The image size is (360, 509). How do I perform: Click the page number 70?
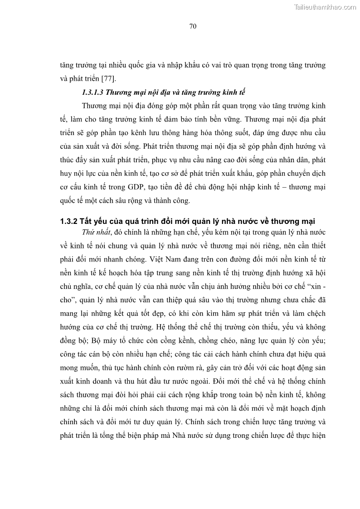pyautogui.click(x=192, y=26)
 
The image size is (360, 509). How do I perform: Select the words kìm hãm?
pyautogui.click(x=213, y=314)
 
